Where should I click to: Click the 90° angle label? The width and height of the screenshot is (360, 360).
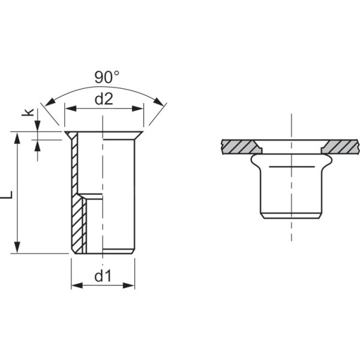(107, 77)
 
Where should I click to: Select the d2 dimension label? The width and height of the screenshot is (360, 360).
(104, 99)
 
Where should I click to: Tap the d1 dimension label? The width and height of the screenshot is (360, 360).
(103, 275)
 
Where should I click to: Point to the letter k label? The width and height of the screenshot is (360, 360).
(28, 112)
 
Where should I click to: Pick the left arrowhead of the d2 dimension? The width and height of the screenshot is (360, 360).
(71, 109)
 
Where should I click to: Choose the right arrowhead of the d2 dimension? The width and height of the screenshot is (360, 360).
(138, 109)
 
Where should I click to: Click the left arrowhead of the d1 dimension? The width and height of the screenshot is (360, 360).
(77, 286)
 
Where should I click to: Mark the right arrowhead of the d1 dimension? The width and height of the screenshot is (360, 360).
(128, 286)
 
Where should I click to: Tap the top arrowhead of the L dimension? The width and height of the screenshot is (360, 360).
(17, 138)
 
